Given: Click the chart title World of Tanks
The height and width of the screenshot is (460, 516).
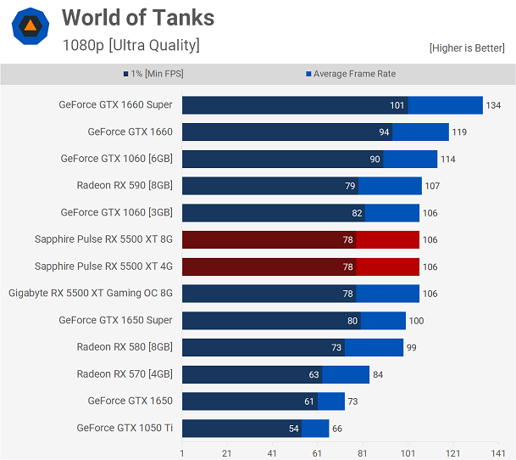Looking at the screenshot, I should click(138, 17).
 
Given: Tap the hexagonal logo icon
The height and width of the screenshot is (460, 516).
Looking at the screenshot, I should click(30, 25).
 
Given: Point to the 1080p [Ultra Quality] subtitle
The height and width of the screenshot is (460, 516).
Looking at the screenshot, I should click(131, 45).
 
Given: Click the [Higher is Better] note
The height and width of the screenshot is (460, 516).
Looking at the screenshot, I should click(467, 48).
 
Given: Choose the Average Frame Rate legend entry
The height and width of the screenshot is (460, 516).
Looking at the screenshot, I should click(351, 74).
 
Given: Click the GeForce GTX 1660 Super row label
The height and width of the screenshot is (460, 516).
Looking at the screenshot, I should click(115, 105).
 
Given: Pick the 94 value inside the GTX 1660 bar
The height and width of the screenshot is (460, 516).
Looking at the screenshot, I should click(384, 132).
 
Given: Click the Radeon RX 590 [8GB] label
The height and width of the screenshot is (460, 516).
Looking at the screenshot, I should click(125, 186).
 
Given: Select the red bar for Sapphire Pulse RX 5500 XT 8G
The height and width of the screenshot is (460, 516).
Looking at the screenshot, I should click(269, 240).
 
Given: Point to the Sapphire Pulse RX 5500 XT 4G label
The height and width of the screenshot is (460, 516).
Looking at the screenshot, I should click(103, 266).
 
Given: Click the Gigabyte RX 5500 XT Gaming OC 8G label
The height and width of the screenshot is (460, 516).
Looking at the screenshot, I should click(91, 294).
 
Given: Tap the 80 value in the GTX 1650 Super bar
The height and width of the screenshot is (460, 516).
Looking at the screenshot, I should click(352, 321).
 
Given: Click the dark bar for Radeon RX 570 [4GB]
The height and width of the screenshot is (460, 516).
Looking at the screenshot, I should click(246, 374).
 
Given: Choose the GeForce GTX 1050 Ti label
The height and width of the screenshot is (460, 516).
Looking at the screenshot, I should click(125, 429).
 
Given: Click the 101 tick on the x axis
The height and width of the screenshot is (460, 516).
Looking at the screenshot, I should click(408, 453).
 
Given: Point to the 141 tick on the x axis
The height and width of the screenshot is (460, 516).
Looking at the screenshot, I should click(498, 453).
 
